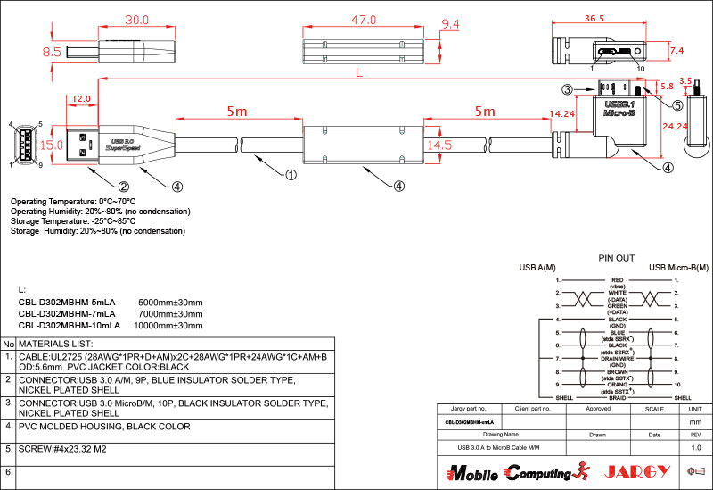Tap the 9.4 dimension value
pyautogui.click(x=450, y=23)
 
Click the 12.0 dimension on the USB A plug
pyautogui.click(x=82, y=98)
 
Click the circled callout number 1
pyautogui.click(x=290, y=176)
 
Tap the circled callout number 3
pyautogui.click(x=566, y=89)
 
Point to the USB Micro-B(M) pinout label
pyautogui.click(x=680, y=267)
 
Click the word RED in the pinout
pyautogui.click(x=615, y=279)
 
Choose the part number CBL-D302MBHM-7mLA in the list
pyautogui.click(x=67, y=314)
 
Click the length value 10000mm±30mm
pyautogui.click(x=168, y=326)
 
